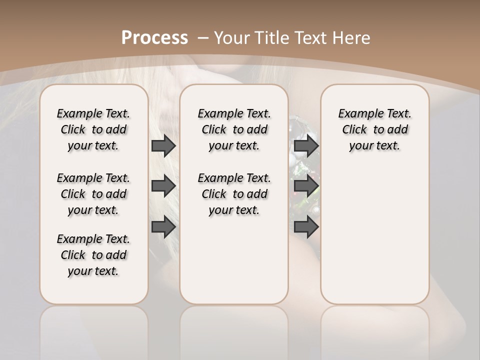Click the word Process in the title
[154, 37]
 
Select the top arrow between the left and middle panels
[163, 146]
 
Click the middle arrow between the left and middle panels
[163, 186]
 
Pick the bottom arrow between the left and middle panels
[163, 226]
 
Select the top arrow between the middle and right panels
[306, 146]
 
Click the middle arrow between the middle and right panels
[306, 186]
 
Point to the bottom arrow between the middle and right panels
[306, 226]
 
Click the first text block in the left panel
[93, 129]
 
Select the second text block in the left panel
[93, 194]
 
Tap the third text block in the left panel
[93, 255]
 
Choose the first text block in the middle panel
[234, 129]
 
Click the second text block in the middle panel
[234, 194]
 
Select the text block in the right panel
[375, 129]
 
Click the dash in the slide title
[203, 37]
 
